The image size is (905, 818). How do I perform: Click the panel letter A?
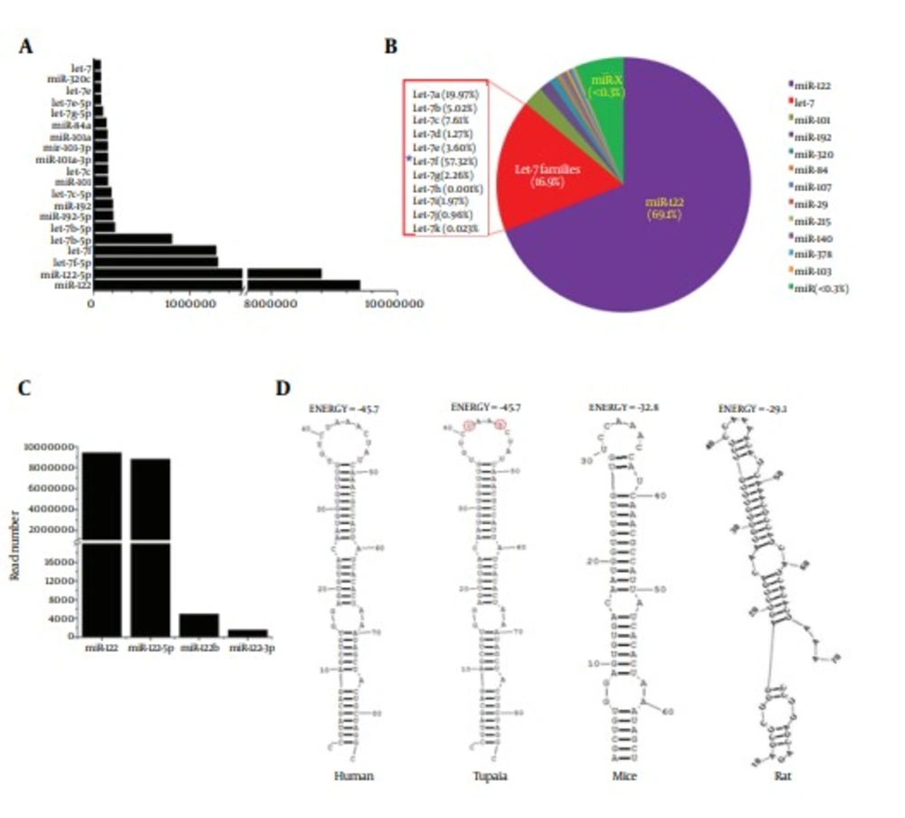pos(27,47)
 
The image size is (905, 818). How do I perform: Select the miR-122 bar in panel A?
pos(226,285)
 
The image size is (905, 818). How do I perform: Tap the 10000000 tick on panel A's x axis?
pos(394,306)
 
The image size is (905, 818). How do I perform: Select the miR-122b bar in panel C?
pos(199,625)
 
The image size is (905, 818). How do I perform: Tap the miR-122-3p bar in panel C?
pos(247,632)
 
